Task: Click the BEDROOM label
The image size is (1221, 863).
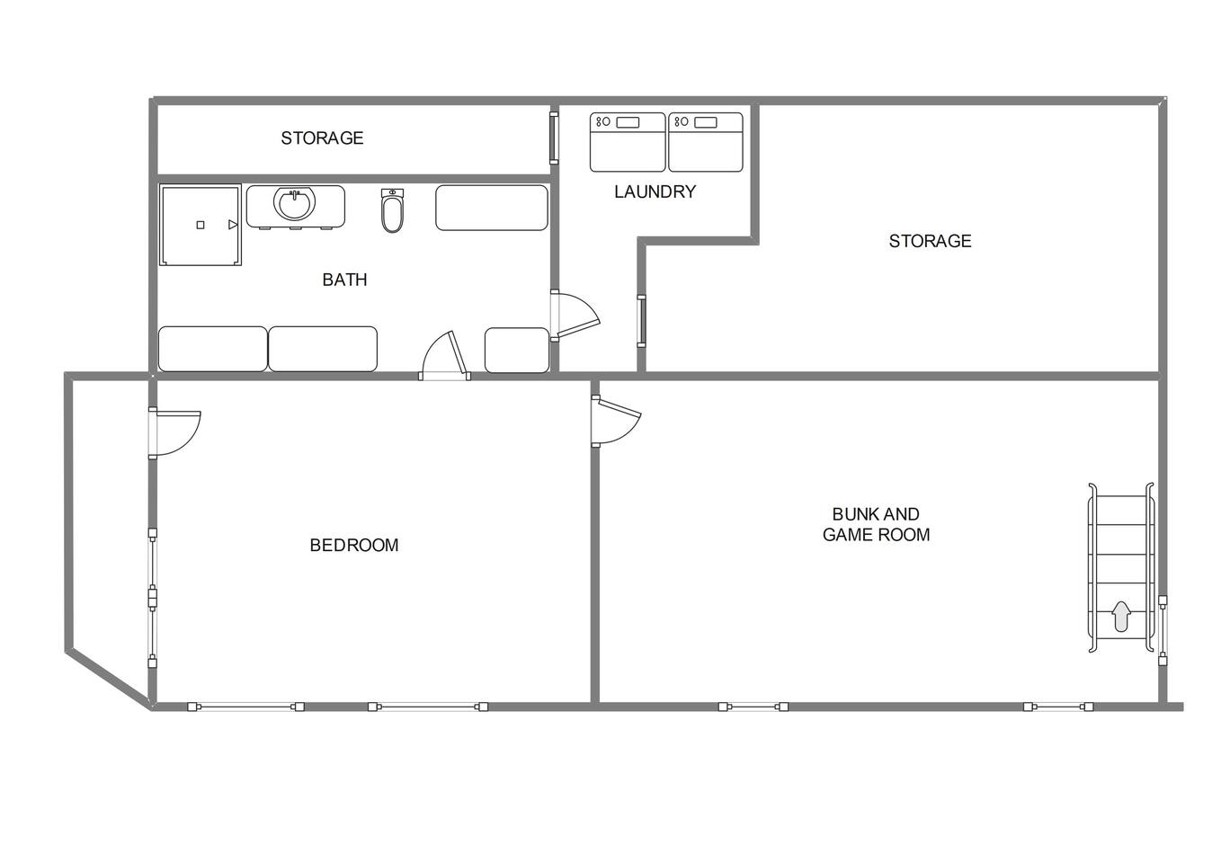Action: pos(353,546)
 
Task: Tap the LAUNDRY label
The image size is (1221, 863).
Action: pos(655,191)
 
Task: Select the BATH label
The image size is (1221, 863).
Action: pos(344,280)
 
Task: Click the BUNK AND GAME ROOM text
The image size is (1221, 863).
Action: pos(876,524)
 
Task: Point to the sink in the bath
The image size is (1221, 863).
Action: pos(295,204)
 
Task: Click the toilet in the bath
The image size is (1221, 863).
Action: pos(392,210)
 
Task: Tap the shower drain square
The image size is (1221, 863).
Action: pos(201,225)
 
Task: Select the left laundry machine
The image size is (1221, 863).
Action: pos(628,142)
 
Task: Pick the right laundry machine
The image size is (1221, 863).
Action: pos(705,142)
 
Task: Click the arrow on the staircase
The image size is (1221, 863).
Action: pos(1121,616)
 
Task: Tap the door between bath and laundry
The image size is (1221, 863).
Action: pos(574,316)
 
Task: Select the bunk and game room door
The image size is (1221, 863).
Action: pos(615,421)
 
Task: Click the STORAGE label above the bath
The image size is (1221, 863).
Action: pos(322,138)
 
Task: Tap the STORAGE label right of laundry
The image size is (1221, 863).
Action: pos(930,241)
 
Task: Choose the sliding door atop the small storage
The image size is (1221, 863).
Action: pos(554,138)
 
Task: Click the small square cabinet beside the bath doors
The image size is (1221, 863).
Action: pos(517,351)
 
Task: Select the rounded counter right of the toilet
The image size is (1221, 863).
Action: pos(492,208)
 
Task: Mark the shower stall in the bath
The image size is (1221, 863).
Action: pos(201,225)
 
